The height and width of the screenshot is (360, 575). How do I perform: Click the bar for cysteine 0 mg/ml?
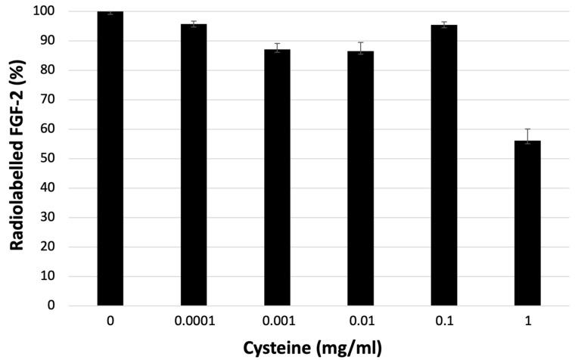pos(110,159)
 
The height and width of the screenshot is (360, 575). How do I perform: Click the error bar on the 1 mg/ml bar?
pos(527,135)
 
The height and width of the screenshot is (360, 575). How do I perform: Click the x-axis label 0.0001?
pos(194,321)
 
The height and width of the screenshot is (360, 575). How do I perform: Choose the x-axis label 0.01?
pos(361,321)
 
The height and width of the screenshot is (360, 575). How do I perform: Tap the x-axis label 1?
pos(527,321)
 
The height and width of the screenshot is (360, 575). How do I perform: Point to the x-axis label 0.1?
pos(444,321)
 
